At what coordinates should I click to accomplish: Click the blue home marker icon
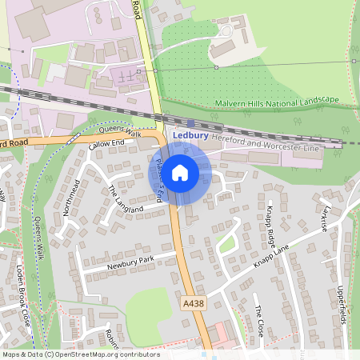180,172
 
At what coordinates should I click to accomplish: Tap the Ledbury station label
191,136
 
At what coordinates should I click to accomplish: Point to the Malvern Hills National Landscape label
278,103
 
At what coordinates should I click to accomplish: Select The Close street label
258,320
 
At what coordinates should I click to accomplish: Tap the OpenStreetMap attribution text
81,354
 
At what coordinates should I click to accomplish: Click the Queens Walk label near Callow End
119,133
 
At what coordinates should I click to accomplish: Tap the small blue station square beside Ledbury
212,125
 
